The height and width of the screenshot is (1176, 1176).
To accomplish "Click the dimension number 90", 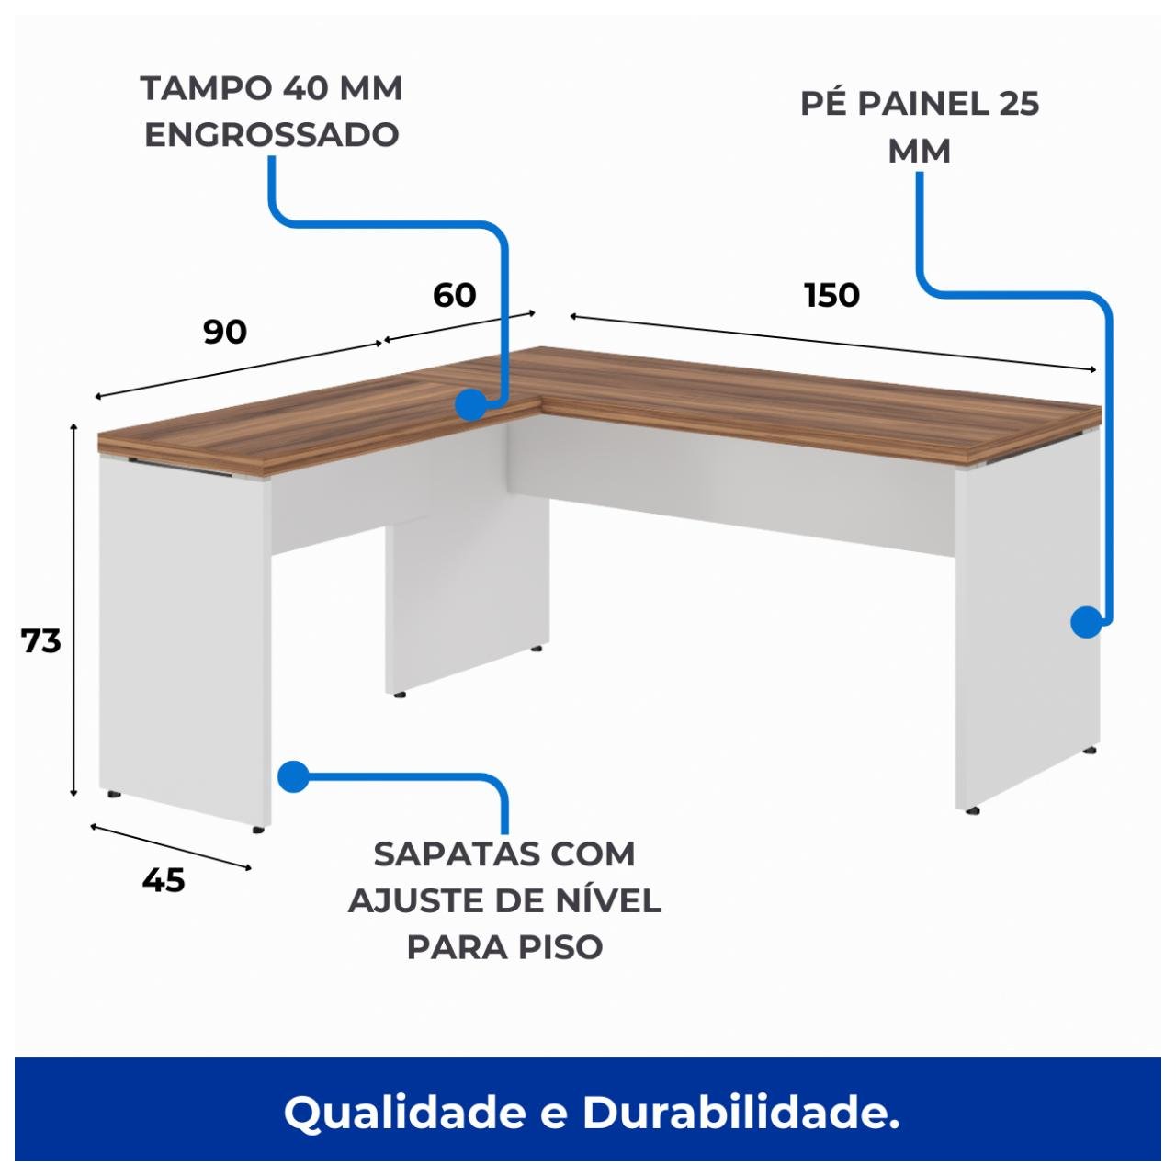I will coord(225,332).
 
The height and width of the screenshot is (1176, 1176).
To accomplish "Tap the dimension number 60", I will coord(454,295).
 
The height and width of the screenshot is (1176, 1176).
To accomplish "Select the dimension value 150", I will coord(831,295).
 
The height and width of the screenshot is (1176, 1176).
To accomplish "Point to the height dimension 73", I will coord(41,640).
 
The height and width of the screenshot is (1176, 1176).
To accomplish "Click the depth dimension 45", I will coord(164,880).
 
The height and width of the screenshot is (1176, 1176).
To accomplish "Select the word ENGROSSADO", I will coord(272,135).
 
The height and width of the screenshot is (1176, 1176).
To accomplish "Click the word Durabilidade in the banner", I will coord(741,1113).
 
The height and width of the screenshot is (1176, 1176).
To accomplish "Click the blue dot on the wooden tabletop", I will coord(470,404).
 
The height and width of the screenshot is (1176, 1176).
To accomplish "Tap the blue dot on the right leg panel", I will coord(1087,622).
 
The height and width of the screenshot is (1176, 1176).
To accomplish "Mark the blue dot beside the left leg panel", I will coord(292,776).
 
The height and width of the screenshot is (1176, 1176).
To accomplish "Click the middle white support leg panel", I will coord(467,588).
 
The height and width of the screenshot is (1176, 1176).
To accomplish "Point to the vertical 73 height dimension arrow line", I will coord(73,611).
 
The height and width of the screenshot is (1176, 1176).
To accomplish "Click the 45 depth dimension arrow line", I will coord(170,846).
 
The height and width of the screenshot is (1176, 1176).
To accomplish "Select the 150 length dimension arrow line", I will coord(831,342).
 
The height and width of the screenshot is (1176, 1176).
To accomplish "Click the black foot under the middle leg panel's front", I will coord(399,695).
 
